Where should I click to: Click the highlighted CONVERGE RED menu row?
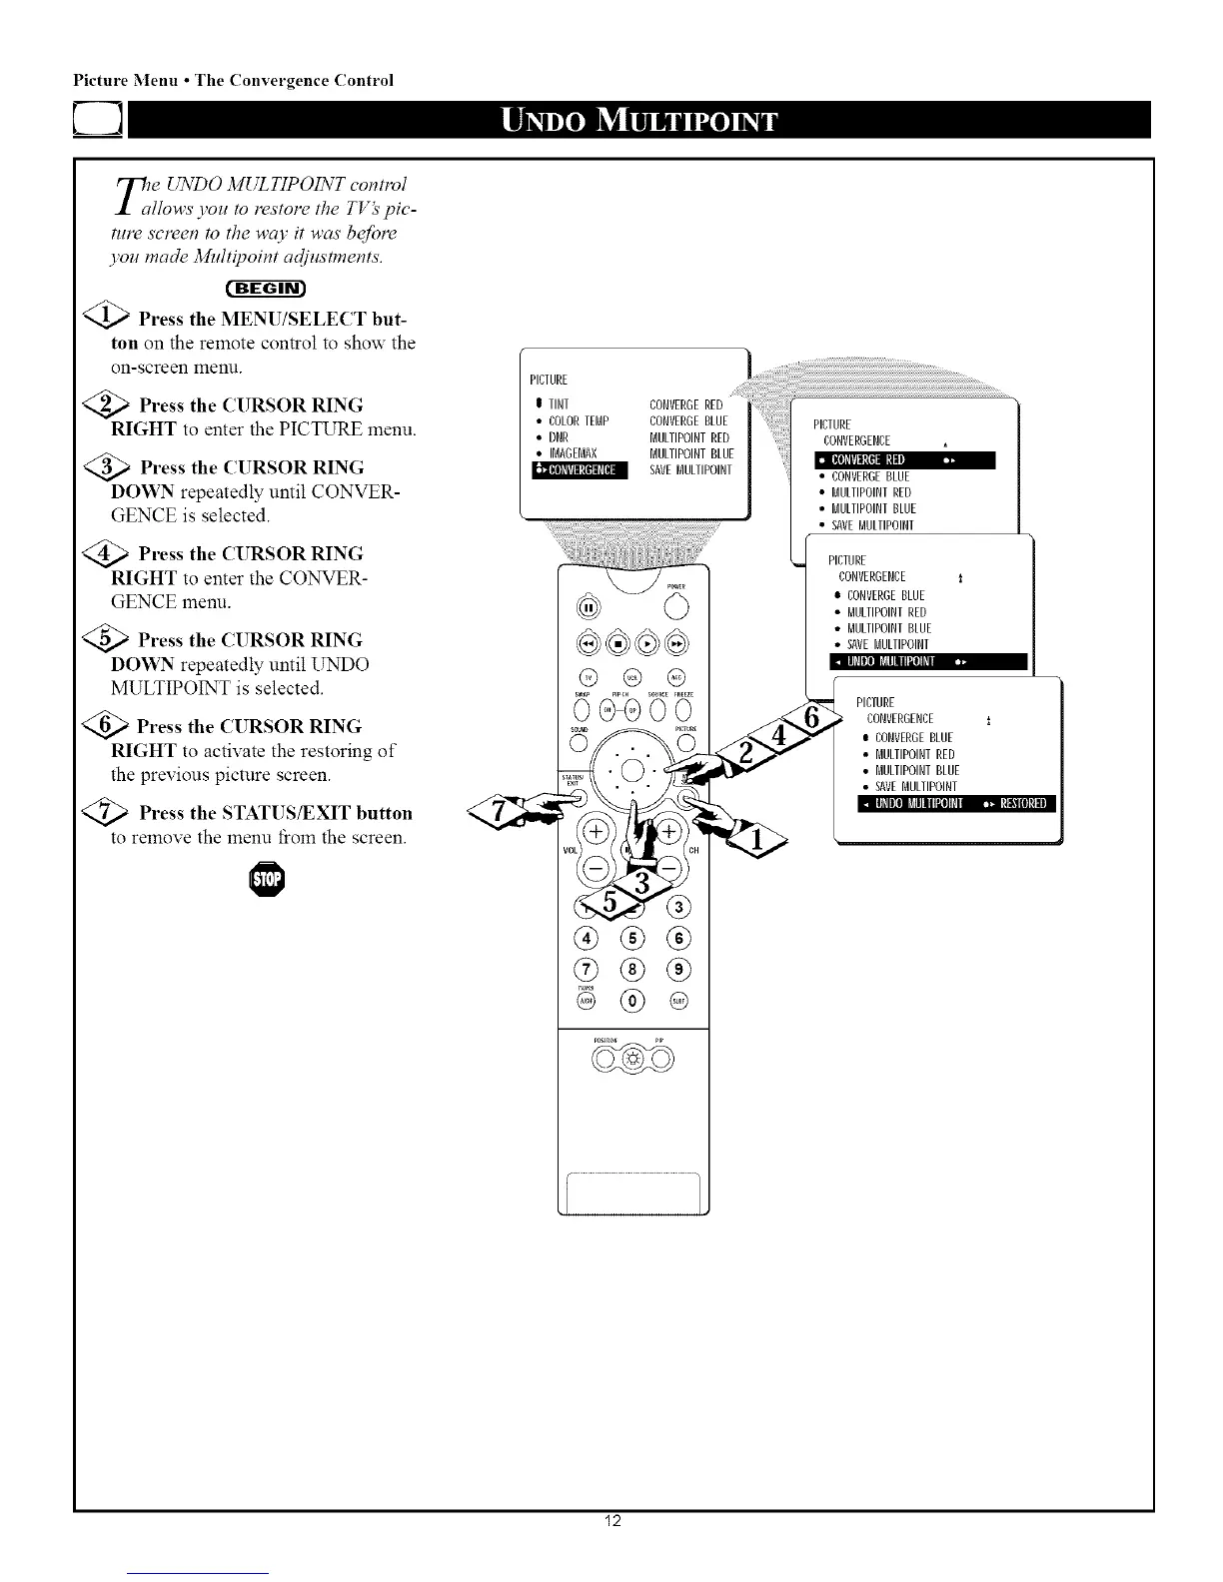tap(903, 459)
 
